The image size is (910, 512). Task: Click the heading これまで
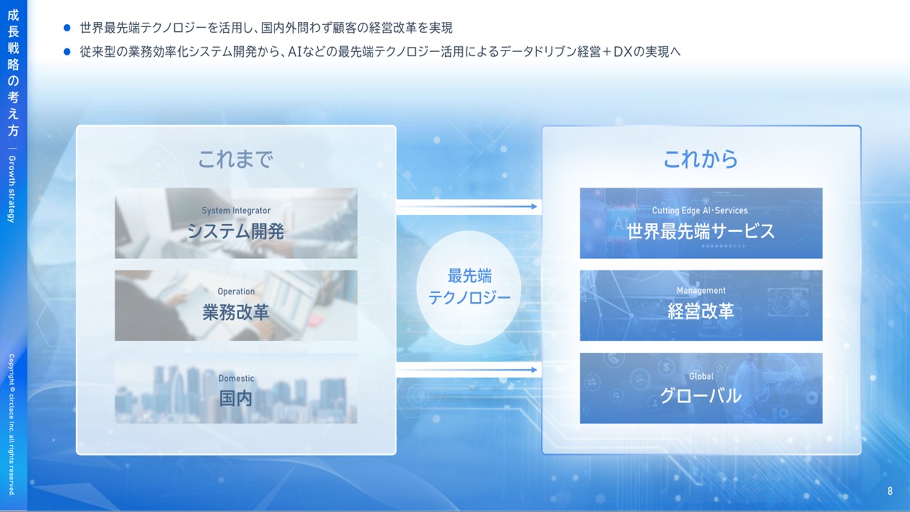[x=235, y=159]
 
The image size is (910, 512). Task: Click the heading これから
[x=701, y=159]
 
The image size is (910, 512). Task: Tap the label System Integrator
[x=236, y=210]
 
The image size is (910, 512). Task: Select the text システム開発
[x=235, y=232]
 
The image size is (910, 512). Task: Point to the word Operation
[x=236, y=292]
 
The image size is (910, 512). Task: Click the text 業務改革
[x=235, y=312]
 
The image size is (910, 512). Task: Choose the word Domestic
[x=236, y=378]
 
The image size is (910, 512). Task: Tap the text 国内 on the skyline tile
[x=235, y=398]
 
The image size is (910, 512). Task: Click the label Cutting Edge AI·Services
[x=700, y=210]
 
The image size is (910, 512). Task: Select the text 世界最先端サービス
[x=701, y=231]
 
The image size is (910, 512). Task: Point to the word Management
[x=701, y=291]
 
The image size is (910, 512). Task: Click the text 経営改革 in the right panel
[x=701, y=311]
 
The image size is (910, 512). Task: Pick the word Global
[x=701, y=376]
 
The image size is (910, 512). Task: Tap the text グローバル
[x=701, y=396]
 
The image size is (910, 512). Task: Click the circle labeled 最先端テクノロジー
[x=469, y=288]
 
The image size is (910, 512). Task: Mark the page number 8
[x=889, y=491]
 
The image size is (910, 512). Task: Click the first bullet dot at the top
[x=67, y=28]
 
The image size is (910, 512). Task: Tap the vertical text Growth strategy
[x=12, y=189]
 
